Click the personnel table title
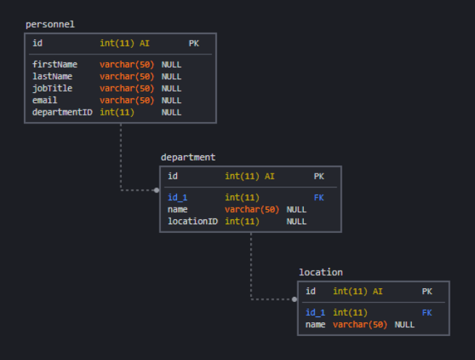(50, 24)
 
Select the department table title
(188, 157)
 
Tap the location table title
(321, 272)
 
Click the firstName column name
(55, 65)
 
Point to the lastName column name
(52, 76)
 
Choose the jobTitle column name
(52, 89)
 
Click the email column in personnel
(45, 100)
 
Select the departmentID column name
(62, 112)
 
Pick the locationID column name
(193, 221)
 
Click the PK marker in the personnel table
(194, 44)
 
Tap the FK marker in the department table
(319, 197)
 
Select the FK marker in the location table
(427, 313)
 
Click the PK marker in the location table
(427, 292)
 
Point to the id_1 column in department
(178, 197)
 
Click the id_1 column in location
(315, 313)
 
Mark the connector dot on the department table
(157, 190)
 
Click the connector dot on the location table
(294, 299)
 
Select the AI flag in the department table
(270, 176)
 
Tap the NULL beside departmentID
(171, 112)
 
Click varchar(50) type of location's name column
(360, 324)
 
